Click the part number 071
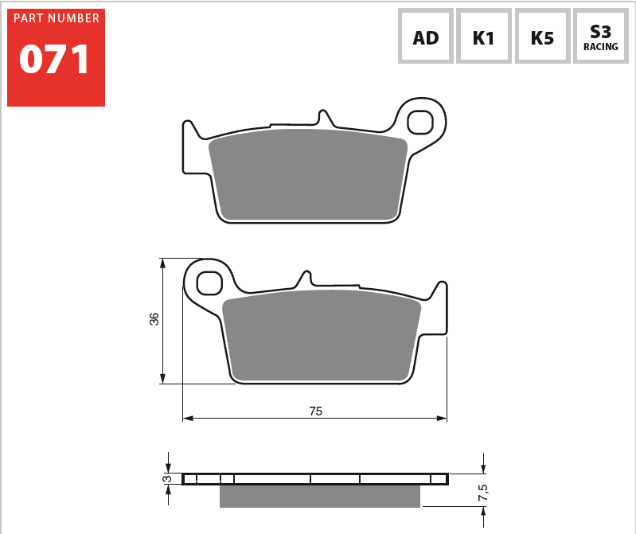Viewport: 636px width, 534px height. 54,60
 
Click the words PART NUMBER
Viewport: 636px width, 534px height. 57,18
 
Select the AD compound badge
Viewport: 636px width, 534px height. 426,36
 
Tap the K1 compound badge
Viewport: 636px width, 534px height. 483,36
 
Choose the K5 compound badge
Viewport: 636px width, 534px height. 542,36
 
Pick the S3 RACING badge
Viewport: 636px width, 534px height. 601,36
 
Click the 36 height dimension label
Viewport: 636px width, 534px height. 154,319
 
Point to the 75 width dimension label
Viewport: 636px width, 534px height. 315,411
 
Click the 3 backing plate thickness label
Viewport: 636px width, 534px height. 166,479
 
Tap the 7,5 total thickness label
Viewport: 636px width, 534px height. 482,493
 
